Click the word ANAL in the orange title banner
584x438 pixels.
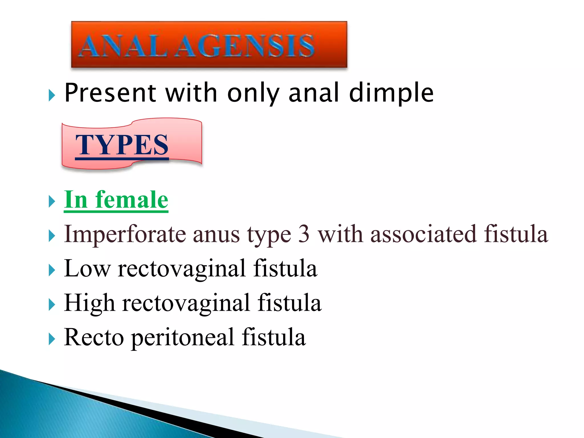[123, 46]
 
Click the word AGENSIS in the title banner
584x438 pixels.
[245, 46]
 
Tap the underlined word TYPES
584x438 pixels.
[122, 145]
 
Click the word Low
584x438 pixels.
[87, 268]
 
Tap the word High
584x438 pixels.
[90, 303]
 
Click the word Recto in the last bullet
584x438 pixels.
[94, 337]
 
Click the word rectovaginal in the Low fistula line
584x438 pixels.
[182, 269]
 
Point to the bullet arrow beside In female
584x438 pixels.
[52, 202]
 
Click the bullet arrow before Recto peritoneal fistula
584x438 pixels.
[52, 339]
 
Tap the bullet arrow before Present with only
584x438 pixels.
[52, 95]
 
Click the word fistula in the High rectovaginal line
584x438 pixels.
[289, 303]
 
